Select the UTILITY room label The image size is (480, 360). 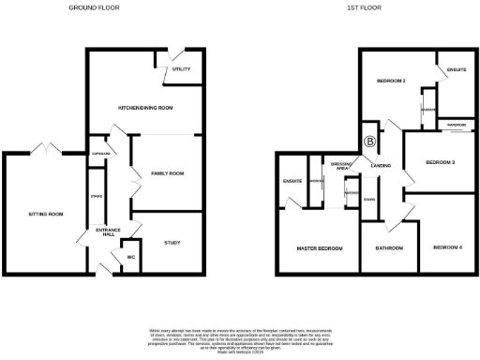pyautogui.click(x=181, y=69)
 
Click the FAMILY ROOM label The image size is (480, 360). pyautogui.click(x=167, y=173)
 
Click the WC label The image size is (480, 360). pyautogui.click(x=131, y=256)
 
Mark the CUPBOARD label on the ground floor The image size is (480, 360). pyautogui.click(x=101, y=154)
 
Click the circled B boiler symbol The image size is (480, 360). pyautogui.click(x=369, y=142)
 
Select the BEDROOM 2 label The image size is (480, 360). pyautogui.click(x=391, y=81)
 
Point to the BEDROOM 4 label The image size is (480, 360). pyautogui.click(x=447, y=247)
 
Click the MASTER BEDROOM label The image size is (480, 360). pyautogui.click(x=319, y=248)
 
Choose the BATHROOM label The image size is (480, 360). pyautogui.click(x=389, y=248)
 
